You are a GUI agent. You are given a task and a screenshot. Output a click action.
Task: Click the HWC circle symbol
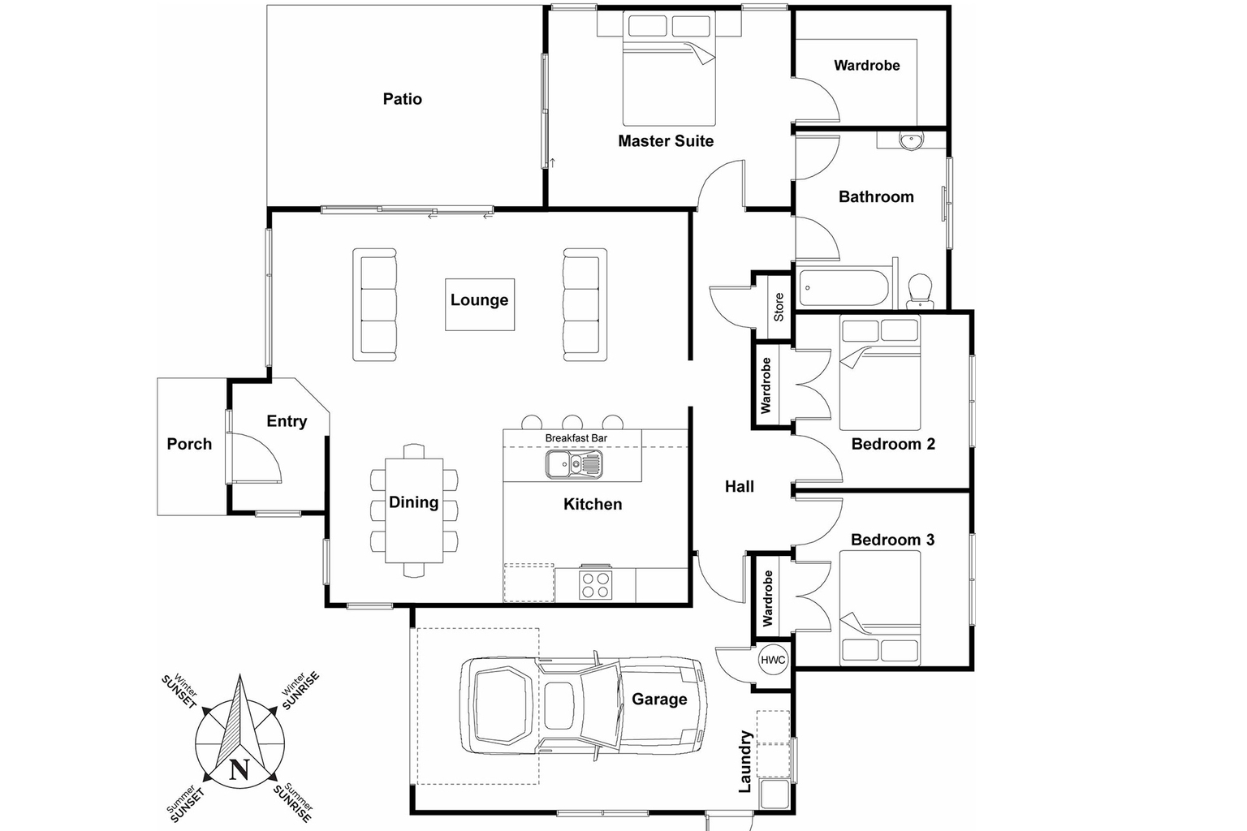[x=773, y=660]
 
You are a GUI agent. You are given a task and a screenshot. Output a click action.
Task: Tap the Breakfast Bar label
[x=576, y=438]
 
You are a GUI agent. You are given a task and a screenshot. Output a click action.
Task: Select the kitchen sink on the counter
[x=574, y=465]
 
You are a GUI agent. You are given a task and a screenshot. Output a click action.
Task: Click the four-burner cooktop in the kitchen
[x=595, y=584]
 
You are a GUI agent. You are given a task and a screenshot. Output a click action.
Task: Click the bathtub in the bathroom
[x=844, y=287]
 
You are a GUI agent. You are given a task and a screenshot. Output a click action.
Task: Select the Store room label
[x=779, y=307]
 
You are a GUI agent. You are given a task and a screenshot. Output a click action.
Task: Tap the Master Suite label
[x=666, y=141]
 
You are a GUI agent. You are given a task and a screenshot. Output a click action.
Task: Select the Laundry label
[x=745, y=761]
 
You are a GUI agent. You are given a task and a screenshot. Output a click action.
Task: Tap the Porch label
[x=189, y=444]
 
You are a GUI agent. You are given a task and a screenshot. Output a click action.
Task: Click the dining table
[x=414, y=510]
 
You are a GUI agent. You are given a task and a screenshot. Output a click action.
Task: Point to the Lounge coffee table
[x=480, y=304]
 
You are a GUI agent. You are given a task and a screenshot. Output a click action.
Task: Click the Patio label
[x=403, y=99]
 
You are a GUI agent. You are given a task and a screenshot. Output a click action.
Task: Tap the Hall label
[x=740, y=487]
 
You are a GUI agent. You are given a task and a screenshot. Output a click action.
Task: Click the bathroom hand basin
[x=910, y=140]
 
